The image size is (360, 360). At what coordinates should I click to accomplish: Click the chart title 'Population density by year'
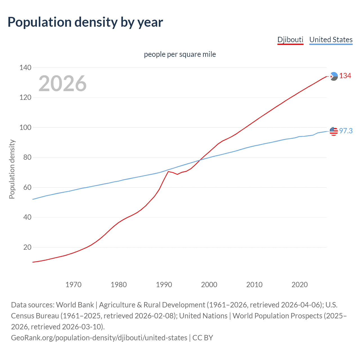point(85,22)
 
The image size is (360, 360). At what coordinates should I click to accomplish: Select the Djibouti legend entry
point(290,40)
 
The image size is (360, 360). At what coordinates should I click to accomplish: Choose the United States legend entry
point(331,40)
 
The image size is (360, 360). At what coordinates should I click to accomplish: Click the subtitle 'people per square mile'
point(180,54)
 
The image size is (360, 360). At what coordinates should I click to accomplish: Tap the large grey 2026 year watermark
point(62,84)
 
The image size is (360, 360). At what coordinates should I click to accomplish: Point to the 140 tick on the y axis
point(25,67)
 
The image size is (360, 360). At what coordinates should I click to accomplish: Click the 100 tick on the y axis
point(25,127)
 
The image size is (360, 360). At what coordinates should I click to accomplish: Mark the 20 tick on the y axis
point(27,247)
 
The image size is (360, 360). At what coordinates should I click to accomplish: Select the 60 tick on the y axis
point(27,187)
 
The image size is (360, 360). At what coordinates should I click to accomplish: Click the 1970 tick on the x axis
point(73,285)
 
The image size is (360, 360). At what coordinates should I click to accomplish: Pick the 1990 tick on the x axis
point(164,285)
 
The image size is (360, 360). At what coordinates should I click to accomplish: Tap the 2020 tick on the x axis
point(300,285)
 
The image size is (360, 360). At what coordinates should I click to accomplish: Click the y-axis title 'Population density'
point(12,169)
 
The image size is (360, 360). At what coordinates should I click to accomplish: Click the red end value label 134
point(345,76)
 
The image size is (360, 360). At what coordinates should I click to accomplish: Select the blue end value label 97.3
point(346,131)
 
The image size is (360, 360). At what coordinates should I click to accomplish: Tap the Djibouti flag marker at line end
point(334,76)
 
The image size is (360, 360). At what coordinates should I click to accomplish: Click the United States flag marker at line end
point(334,131)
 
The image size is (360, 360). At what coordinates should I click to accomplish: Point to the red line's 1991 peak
point(168,171)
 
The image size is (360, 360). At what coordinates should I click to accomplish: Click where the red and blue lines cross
point(200,160)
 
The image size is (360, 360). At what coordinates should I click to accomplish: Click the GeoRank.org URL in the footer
point(99,338)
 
